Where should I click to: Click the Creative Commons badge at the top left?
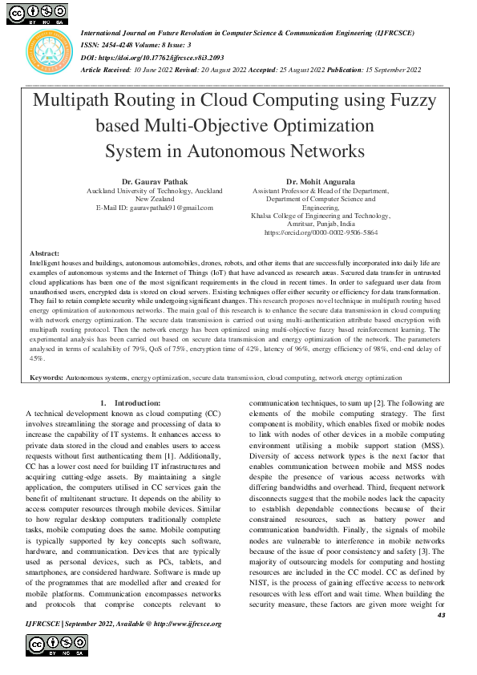(x=38, y=13)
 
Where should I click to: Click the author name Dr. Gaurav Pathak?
(x=155, y=182)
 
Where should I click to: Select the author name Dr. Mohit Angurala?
(x=321, y=182)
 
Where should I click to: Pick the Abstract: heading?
(x=44, y=253)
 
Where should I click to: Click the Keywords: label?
(x=46, y=376)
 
